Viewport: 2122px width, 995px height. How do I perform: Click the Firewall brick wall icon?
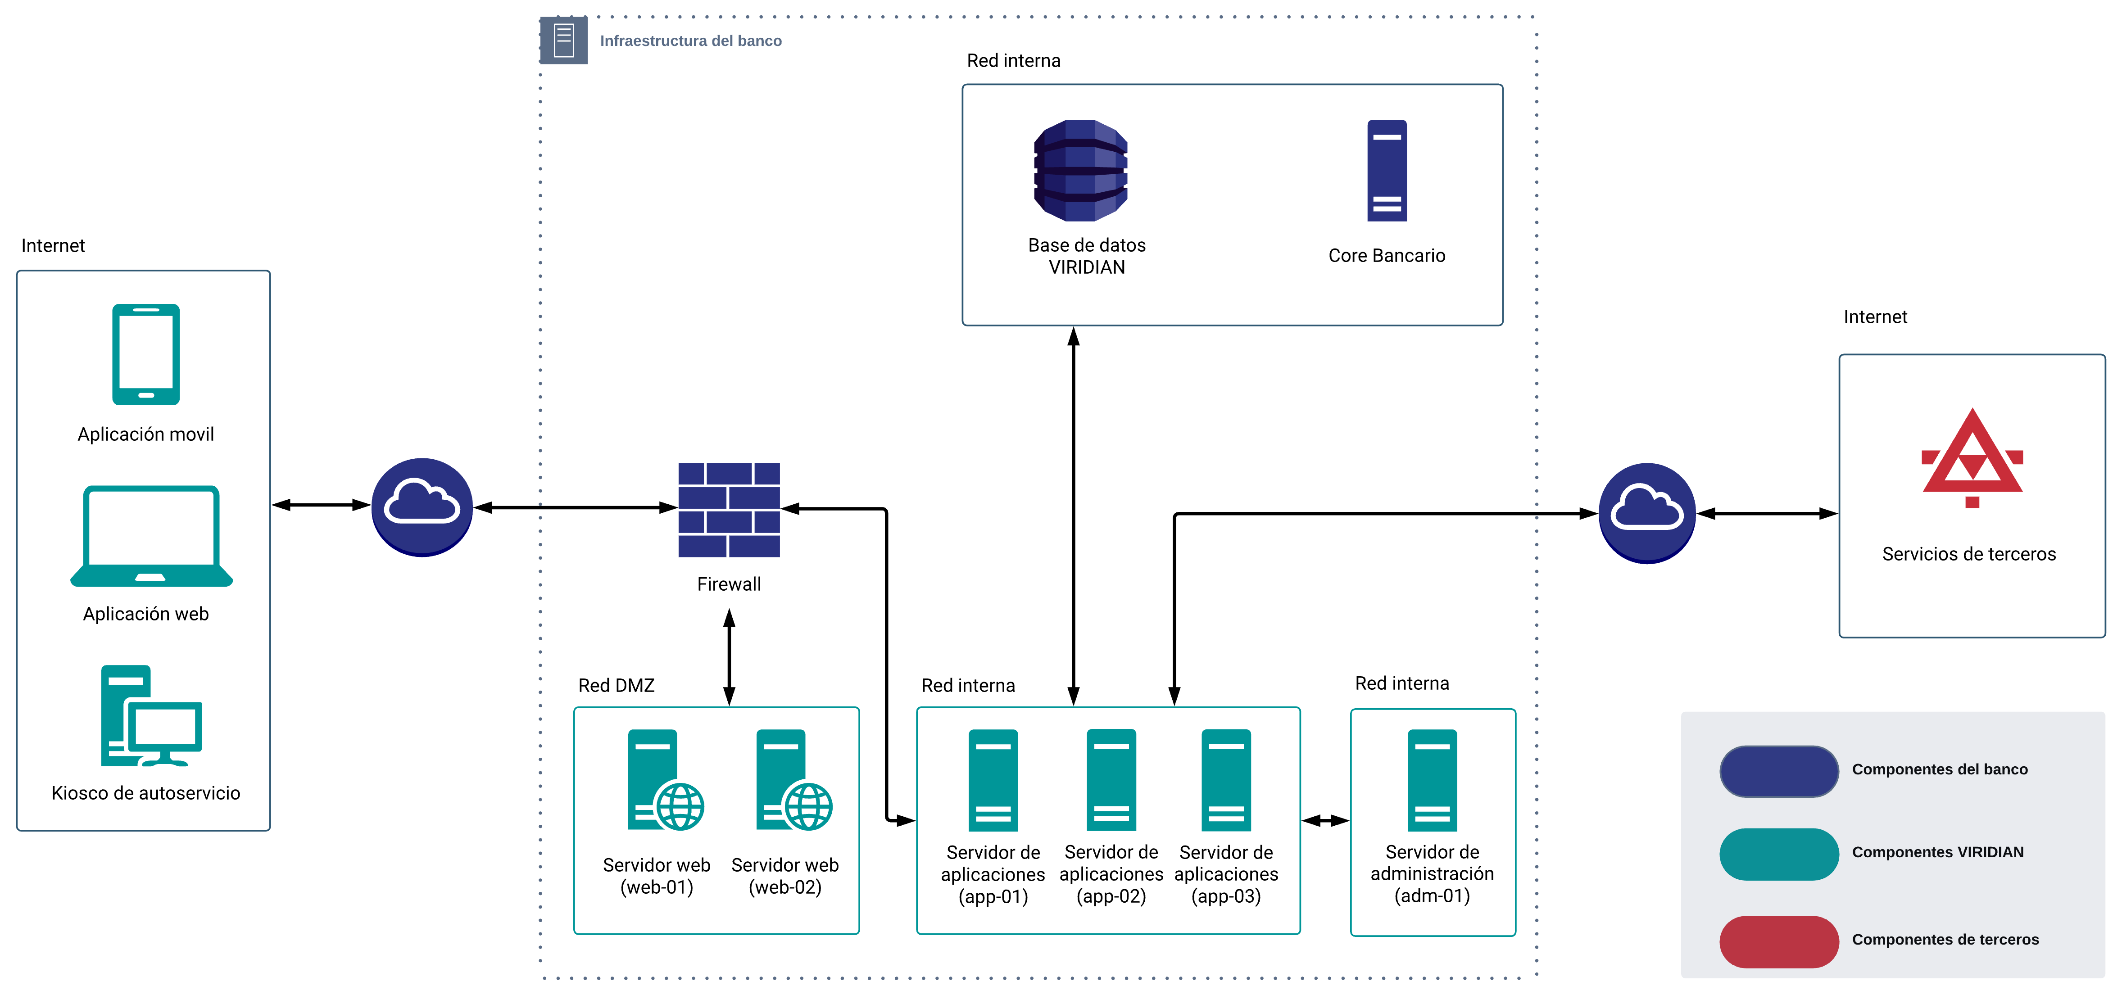[729, 509]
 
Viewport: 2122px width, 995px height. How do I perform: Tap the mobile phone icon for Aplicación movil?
[146, 354]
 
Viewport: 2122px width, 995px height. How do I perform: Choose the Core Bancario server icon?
[1387, 171]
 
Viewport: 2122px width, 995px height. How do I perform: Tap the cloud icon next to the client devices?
[422, 507]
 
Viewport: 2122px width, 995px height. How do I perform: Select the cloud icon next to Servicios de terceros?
[1647, 512]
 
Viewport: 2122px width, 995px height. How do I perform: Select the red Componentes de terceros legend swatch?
[1778, 941]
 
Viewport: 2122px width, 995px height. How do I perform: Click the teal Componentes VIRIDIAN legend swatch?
[1778, 853]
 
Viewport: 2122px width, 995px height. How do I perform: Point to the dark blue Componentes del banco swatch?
[1778, 771]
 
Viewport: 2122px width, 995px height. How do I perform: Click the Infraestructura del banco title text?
[690, 41]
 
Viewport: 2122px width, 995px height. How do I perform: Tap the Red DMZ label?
[616, 685]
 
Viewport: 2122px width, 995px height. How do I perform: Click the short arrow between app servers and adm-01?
[1325, 820]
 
